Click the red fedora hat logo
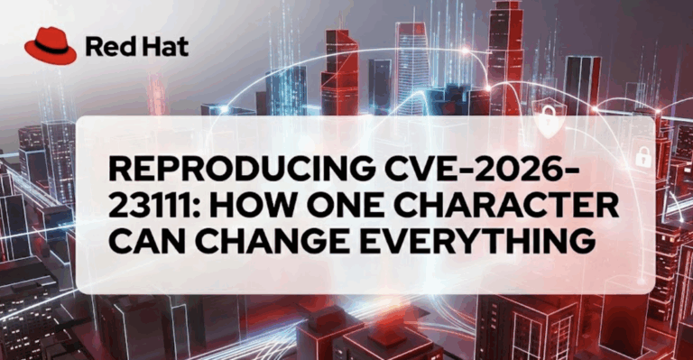pyautogui.click(x=50, y=44)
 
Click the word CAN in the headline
pyautogui.click(x=146, y=243)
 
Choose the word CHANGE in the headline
pyautogui.click(x=270, y=243)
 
